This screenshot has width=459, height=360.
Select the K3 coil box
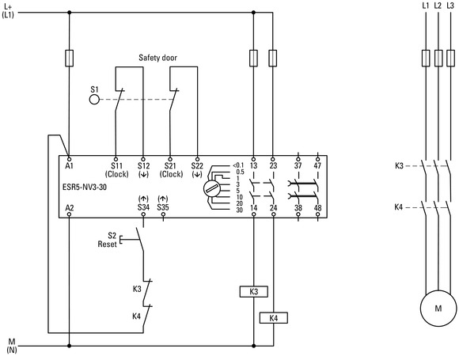coord(253,291)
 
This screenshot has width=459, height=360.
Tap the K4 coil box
coord(273,317)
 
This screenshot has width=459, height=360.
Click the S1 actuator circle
coord(94,100)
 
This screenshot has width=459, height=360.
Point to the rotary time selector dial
coord(211,188)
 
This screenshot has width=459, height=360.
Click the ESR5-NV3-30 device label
coord(85,187)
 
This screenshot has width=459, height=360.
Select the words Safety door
coord(157,58)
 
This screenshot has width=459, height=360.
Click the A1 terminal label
coord(70,165)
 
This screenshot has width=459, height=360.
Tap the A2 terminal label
coord(70,207)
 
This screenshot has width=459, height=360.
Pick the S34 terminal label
coord(143,207)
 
